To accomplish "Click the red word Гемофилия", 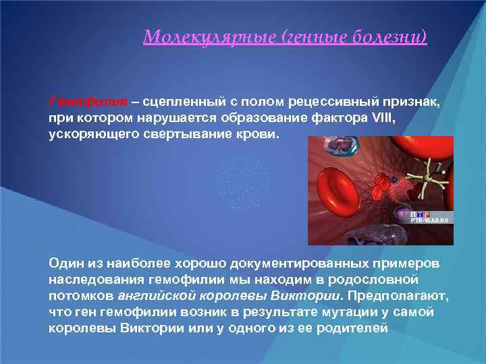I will point(88,102).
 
